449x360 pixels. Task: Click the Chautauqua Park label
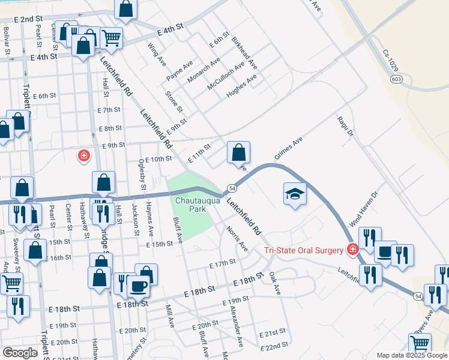(x=191, y=205)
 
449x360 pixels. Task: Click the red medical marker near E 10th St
(x=83, y=156)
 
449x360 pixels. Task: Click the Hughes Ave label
(x=241, y=86)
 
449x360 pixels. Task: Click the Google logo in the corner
(x=20, y=353)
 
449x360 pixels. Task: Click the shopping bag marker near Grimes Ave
(x=238, y=152)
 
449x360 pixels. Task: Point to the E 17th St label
(x=222, y=263)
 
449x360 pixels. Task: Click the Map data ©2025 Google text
(x=412, y=355)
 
